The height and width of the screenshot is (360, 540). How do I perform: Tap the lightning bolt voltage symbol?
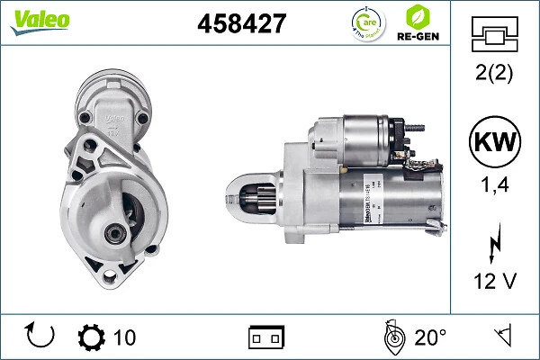(x=492, y=243)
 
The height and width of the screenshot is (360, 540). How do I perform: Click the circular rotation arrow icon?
(x=40, y=337)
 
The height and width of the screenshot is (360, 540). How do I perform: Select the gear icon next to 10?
(x=92, y=337)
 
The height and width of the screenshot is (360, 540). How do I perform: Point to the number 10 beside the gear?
(x=125, y=337)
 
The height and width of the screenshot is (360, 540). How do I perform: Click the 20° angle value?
(x=430, y=337)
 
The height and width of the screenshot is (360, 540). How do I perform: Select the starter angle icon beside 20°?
(x=392, y=337)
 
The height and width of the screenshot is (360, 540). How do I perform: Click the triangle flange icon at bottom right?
(x=502, y=337)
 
